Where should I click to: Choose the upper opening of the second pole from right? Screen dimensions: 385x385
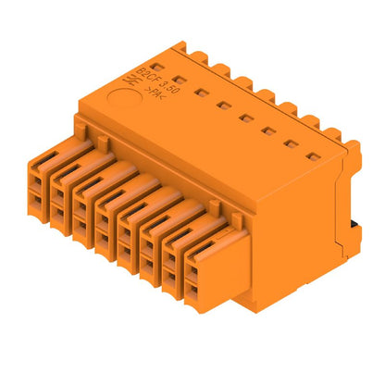(172, 258)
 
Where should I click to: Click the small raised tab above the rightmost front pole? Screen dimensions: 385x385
(237, 217)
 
